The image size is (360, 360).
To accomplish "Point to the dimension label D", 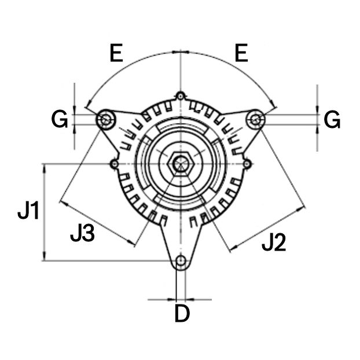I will pyautogui.click(x=182, y=314).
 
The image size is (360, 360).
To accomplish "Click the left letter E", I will pyautogui.click(x=116, y=54).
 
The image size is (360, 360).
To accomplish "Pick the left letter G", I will pyautogui.click(x=60, y=120).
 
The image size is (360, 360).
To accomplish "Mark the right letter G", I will pyautogui.click(x=332, y=120).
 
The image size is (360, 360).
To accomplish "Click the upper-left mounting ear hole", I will pyautogui.click(x=105, y=119).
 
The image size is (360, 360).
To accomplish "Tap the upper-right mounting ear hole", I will pyautogui.click(x=255, y=119).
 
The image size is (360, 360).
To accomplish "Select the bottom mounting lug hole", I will pyautogui.click(x=182, y=261).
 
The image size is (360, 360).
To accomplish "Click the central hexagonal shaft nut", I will pyautogui.click(x=182, y=164).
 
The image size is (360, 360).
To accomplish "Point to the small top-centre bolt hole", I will pyautogui.click(x=181, y=95).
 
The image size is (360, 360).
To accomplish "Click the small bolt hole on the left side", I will pyautogui.click(x=115, y=164).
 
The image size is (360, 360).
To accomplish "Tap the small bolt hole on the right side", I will pyautogui.click(x=247, y=164).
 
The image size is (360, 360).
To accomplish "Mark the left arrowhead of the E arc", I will pyautogui.click(x=87, y=106).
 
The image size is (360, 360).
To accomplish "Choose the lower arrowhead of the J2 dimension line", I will pyautogui.click(x=232, y=249).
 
